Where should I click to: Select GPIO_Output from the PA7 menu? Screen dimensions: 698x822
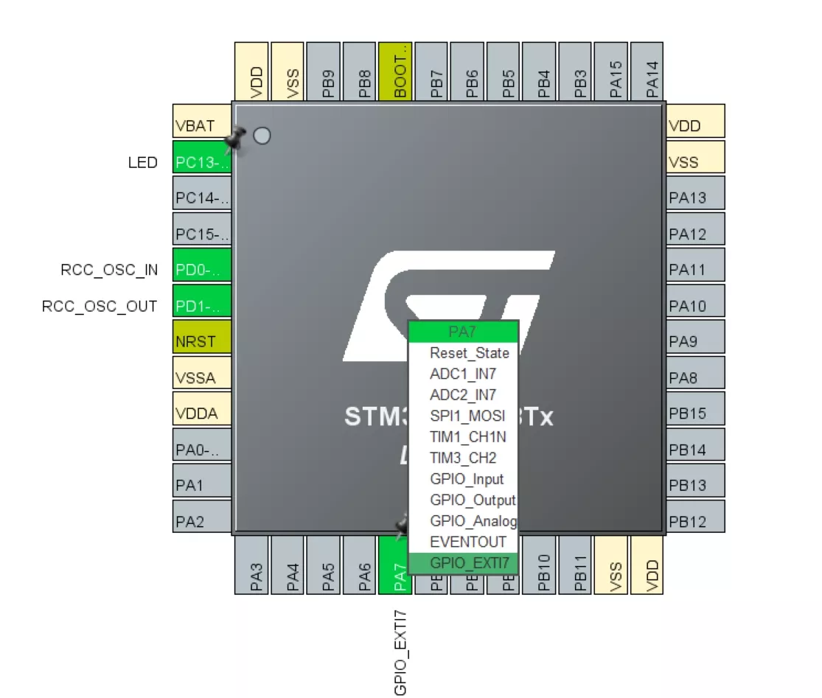[473, 500]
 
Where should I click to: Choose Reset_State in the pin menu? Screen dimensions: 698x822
[470, 353]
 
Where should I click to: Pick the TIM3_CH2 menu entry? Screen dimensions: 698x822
[463, 458]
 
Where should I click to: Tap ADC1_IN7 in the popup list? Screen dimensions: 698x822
[463, 374]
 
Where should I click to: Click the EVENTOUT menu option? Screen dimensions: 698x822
[468, 542]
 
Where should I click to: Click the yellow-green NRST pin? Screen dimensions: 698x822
[202, 342]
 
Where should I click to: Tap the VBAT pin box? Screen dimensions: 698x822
[202, 125]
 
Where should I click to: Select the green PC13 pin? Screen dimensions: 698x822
[202, 161]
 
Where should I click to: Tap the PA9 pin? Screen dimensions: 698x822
[695, 342]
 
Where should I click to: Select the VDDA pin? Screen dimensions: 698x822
[202, 413]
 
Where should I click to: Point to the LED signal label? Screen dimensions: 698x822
[142, 162]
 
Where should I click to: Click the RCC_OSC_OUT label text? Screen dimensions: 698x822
[100, 306]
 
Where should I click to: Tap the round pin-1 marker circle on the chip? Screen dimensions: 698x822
[262, 136]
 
